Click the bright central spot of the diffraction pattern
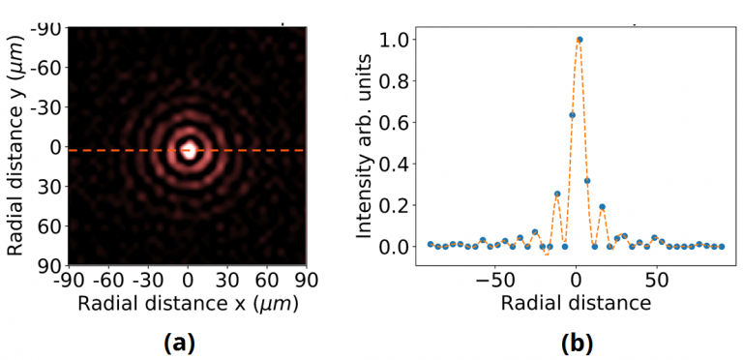click(189, 150)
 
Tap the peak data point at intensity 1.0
click(580, 40)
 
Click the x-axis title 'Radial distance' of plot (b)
click(577, 303)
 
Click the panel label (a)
click(188, 342)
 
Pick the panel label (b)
click(577, 342)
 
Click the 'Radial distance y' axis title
click(16, 145)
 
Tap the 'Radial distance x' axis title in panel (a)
click(189, 304)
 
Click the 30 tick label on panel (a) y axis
click(52, 187)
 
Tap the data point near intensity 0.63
click(572, 115)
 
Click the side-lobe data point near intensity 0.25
click(557, 194)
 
